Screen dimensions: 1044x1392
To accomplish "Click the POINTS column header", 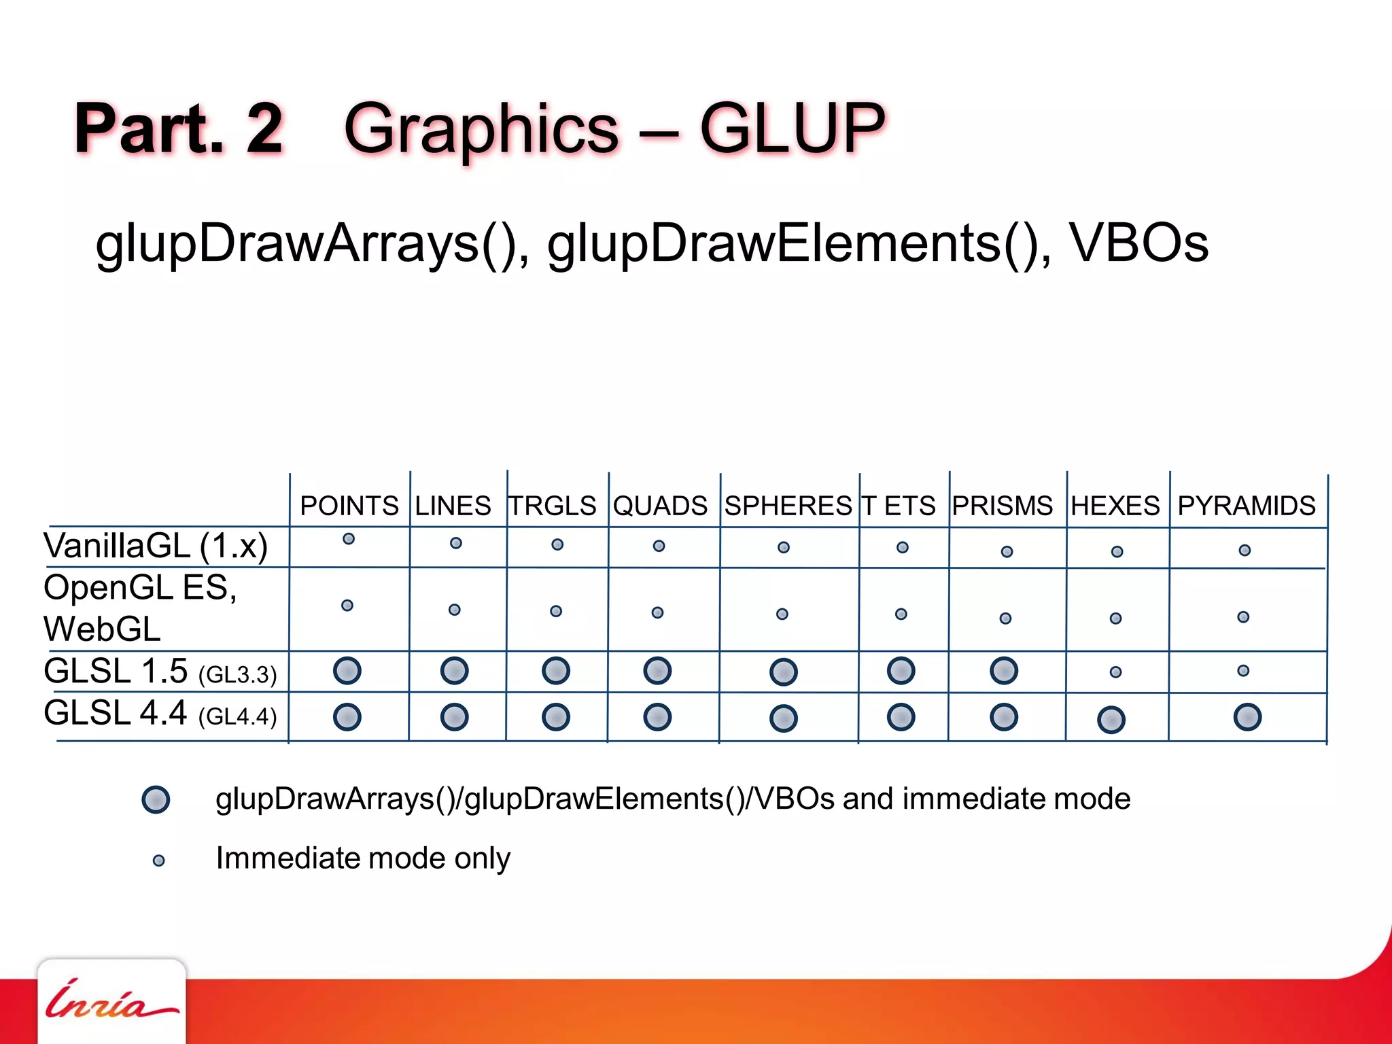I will pos(349,506).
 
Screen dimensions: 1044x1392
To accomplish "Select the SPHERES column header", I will pos(788,506).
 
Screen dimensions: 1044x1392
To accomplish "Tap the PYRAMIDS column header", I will pos(1247,506).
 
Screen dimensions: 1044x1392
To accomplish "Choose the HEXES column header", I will pos(1115,506).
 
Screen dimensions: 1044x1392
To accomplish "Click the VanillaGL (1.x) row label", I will pos(156,546).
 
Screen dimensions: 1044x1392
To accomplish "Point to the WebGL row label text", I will pos(102,629).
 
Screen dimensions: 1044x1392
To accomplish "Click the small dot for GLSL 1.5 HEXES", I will pos(1115,672).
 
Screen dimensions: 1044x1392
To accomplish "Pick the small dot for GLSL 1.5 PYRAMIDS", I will pos(1243,671).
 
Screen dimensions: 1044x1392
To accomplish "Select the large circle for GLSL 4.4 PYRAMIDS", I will pos(1247,717).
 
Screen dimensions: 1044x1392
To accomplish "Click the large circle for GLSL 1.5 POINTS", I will pos(347,671).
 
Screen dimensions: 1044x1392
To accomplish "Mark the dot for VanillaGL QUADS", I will pos(659,546).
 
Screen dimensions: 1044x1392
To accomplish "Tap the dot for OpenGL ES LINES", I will pos(455,610).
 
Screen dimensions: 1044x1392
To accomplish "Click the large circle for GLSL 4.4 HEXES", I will pos(1111,720).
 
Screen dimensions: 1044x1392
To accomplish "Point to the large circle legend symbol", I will pos(156,799).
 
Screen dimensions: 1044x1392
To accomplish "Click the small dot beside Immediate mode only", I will pos(158,861).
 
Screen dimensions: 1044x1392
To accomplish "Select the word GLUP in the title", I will pos(793,128).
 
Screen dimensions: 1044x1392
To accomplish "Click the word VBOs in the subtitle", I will pos(1139,243).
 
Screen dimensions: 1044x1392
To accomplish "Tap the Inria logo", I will pos(111,1000).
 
